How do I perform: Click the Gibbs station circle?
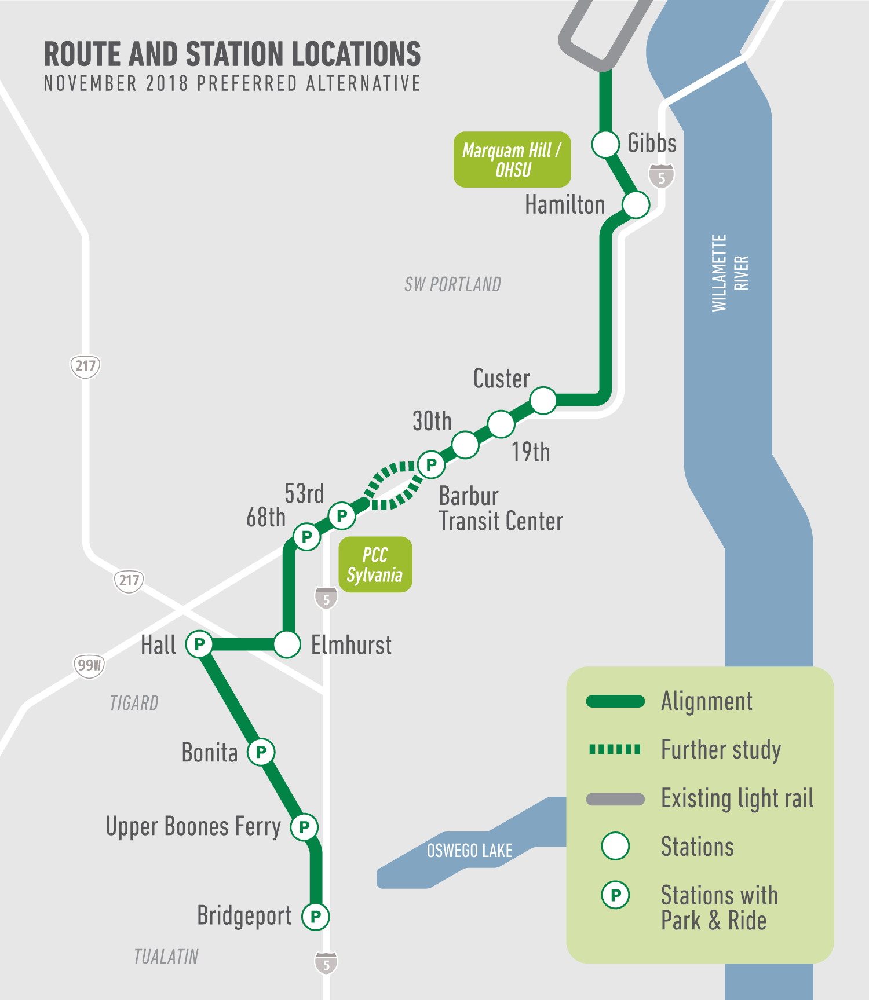(605, 144)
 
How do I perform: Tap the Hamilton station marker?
(636, 204)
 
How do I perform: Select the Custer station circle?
(543, 400)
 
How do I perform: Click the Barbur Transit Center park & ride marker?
(432, 464)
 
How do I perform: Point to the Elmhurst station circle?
(287, 644)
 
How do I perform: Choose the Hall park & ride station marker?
(199, 644)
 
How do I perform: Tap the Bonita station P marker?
(261, 752)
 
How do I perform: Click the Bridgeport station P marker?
(316, 917)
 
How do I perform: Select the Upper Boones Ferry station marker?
(304, 827)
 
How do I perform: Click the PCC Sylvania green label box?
(375, 565)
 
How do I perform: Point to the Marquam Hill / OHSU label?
(512, 160)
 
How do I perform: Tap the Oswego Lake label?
(470, 851)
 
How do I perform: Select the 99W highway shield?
(89, 665)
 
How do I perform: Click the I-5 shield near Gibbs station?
(662, 177)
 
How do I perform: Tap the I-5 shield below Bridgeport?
(326, 964)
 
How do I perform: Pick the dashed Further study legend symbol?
(615, 750)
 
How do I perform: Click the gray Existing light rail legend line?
(615, 799)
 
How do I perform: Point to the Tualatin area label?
(166, 957)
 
